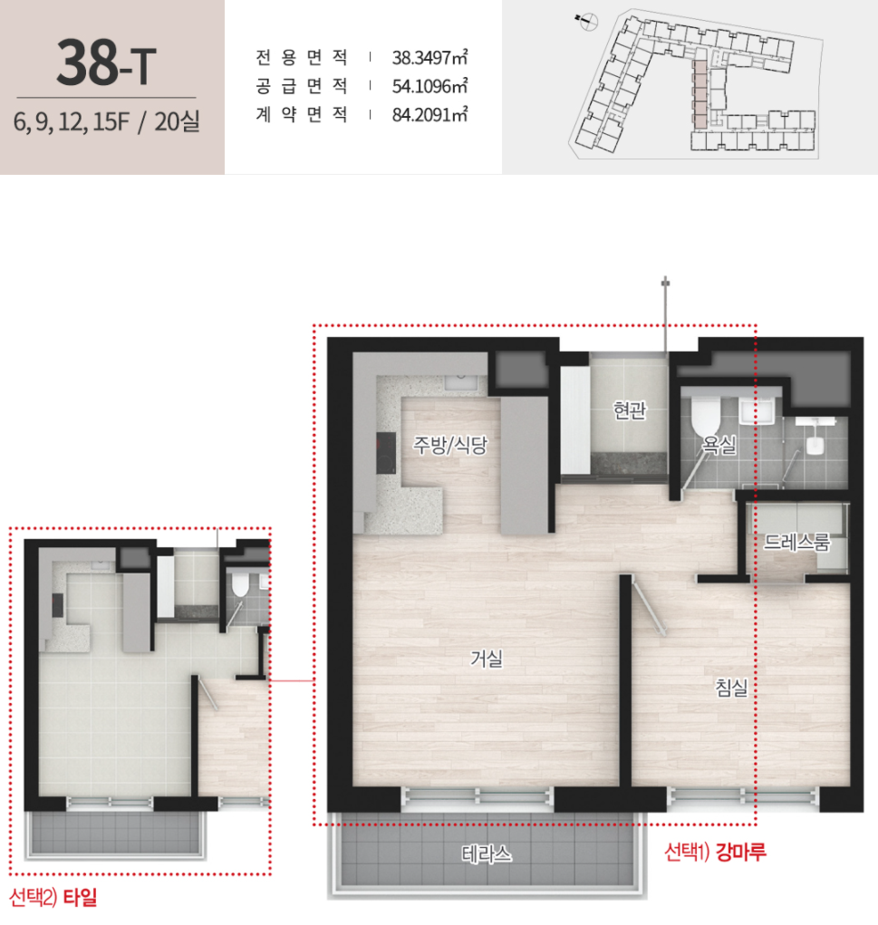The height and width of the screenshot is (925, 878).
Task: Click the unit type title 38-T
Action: coord(107,63)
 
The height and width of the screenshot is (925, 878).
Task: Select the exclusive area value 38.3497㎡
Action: coord(430,57)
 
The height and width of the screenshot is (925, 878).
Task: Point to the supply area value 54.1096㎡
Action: coord(430,86)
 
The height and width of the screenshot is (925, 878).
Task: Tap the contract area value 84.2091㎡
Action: coord(430,114)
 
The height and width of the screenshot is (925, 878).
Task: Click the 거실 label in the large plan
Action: coord(487,659)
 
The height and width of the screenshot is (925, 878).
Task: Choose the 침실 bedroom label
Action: coord(732,687)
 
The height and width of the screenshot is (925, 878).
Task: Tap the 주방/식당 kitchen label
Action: coord(450,445)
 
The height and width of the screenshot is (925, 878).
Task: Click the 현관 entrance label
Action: coord(630,410)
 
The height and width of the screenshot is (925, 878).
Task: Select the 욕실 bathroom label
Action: coord(719,444)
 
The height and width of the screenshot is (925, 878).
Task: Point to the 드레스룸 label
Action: coord(796,542)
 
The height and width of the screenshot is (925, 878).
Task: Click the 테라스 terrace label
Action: coord(487,853)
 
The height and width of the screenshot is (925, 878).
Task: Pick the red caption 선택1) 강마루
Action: coord(715,852)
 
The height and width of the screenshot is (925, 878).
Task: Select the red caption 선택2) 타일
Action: coord(53,897)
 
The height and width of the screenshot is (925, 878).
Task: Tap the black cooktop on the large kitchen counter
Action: coord(387,452)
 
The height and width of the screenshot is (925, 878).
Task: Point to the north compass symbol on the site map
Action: coord(586,23)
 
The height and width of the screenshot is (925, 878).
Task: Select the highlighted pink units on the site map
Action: coord(700,94)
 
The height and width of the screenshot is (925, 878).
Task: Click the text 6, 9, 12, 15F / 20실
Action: coord(107,121)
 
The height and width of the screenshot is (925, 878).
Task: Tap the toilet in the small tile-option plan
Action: coord(239,585)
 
